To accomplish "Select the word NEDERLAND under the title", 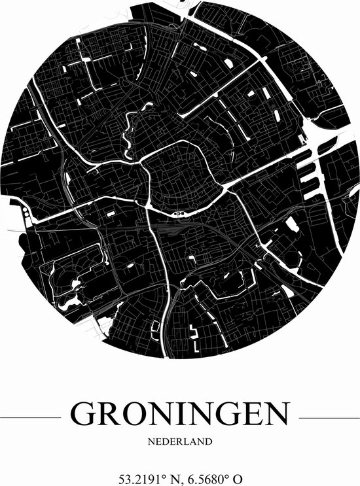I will tap(179, 442).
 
